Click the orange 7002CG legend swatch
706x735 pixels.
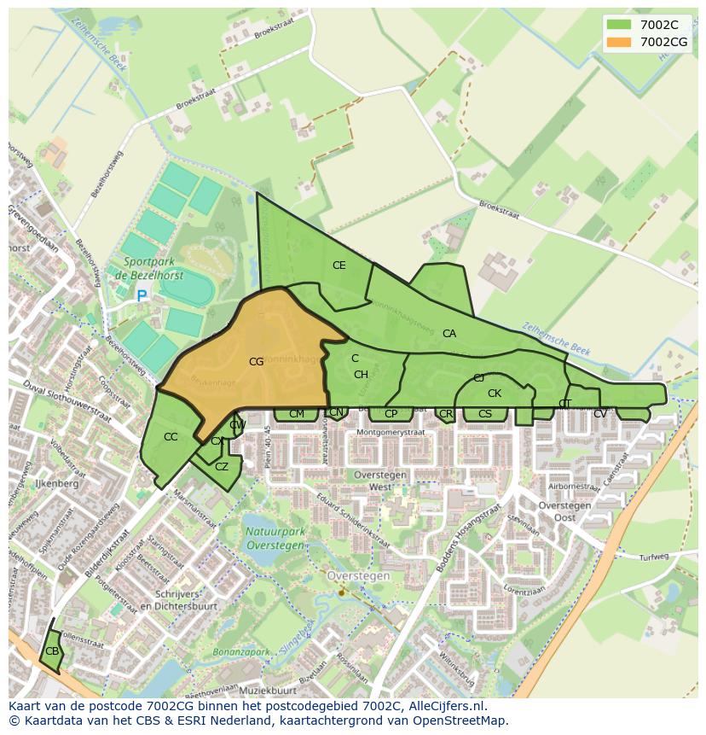[x=619, y=42]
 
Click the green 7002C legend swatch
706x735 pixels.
[x=619, y=26]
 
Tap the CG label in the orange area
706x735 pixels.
[x=256, y=362]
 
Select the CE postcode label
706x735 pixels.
[x=339, y=265]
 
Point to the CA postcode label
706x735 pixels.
[x=449, y=334]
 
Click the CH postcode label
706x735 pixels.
[x=361, y=375]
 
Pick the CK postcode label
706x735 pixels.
[x=495, y=394]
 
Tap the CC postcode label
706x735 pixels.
[x=171, y=437]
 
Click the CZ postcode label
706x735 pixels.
[x=222, y=467]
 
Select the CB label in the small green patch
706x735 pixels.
[x=52, y=651]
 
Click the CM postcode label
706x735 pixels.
[x=297, y=414]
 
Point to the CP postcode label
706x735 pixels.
[x=391, y=414]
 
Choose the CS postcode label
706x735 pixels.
[x=485, y=414]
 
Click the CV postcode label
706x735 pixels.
[x=600, y=414]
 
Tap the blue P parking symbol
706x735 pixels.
[x=142, y=296]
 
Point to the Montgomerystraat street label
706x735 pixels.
[x=391, y=433]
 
